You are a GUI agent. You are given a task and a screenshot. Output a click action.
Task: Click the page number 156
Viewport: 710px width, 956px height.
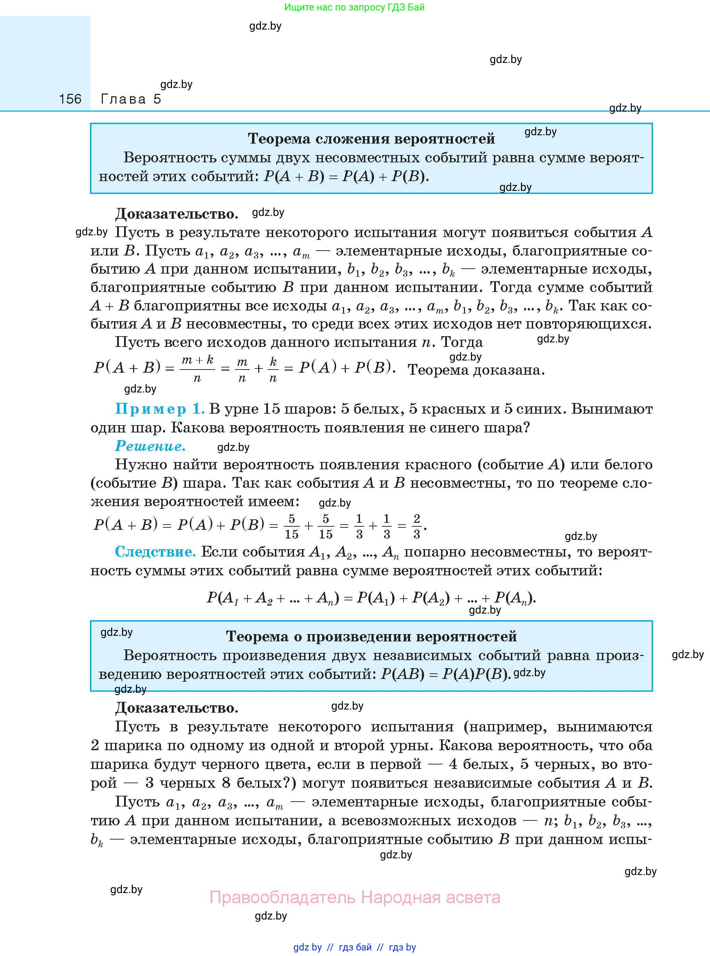point(70,99)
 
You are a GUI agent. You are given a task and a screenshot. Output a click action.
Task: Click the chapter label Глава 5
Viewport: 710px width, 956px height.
point(131,99)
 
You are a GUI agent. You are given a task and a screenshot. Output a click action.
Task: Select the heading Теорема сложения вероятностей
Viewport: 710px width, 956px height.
point(371,139)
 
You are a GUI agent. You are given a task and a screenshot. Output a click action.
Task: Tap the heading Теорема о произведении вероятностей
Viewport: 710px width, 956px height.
point(371,637)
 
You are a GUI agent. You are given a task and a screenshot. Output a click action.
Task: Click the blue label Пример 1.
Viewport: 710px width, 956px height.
point(160,409)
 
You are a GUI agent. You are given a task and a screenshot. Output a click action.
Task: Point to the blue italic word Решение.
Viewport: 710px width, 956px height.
point(150,446)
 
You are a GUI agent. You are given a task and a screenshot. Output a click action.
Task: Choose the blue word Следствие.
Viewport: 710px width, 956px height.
point(155,552)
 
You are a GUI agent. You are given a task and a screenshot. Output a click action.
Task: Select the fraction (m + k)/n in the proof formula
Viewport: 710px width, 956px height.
point(197,369)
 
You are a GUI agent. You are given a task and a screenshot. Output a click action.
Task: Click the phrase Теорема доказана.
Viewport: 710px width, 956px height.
point(476,370)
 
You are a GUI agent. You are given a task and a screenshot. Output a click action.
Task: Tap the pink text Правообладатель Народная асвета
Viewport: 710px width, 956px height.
point(354,898)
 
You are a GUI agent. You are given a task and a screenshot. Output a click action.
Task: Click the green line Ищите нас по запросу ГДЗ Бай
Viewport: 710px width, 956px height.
point(354,7)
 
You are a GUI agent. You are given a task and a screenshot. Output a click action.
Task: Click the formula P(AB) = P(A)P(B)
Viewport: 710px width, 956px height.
point(446,674)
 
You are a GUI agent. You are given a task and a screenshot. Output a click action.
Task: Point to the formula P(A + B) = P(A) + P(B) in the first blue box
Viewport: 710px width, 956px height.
point(346,177)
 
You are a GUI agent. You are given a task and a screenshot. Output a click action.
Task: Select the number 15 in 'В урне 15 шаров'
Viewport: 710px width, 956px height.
point(271,409)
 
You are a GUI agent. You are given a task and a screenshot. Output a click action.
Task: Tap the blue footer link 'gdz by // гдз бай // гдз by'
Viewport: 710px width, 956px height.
point(354,947)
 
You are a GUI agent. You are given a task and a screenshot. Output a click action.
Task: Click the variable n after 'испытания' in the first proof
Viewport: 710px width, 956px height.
point(425,342)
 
